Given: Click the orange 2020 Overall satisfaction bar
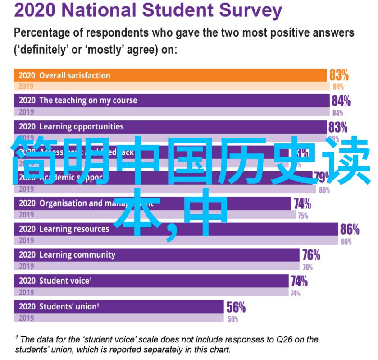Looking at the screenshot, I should (x=171, y=75).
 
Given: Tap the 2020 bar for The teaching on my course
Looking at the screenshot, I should (x=171, y=101).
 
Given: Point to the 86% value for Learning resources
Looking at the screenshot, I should (x=350, y=230).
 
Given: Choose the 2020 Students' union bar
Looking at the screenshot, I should (x=119, y=307).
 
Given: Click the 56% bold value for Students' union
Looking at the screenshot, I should (x=236, y=308).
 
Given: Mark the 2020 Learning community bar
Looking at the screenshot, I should (x=158, y=255).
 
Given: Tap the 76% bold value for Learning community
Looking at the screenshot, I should (x=311, y=255).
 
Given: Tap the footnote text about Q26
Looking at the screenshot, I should (x=167, y=344).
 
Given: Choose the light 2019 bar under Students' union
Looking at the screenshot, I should (x=119, y=318).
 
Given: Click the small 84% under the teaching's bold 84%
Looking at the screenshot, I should (x=337, y=113).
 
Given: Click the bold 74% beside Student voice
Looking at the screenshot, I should (x=299, y=282).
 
